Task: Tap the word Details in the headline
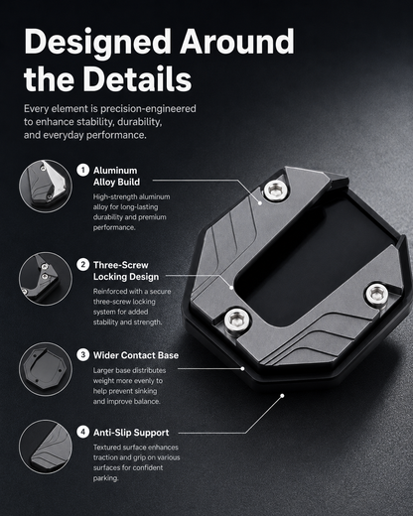(x=137, y=78)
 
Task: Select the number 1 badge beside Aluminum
(x=83, y=170)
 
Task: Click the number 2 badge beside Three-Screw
(x=83, y=265)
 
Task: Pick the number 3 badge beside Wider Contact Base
(x=83, y=355)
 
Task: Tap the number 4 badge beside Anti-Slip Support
(x=83, y=432)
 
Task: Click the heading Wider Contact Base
(x=136, y=355)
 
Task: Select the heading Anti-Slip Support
(x=131, y=433)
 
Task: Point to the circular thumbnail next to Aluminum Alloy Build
(x=46, y=187)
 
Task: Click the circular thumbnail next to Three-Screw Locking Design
(x=46, y=279)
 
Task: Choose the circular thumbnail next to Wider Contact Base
(x=46, y=369)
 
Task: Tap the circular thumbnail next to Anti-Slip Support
(x=46, y=447)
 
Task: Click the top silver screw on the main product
(x=276, y=191)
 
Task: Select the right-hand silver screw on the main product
(x=377, y=294)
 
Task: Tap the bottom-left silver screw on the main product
(x=237, y=320)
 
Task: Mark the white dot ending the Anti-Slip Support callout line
(x=282, y=396)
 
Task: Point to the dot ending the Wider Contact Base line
(x=242, y=368)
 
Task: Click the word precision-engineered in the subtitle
(x=148, y=109)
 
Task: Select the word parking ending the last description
(x=105, y=478)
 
